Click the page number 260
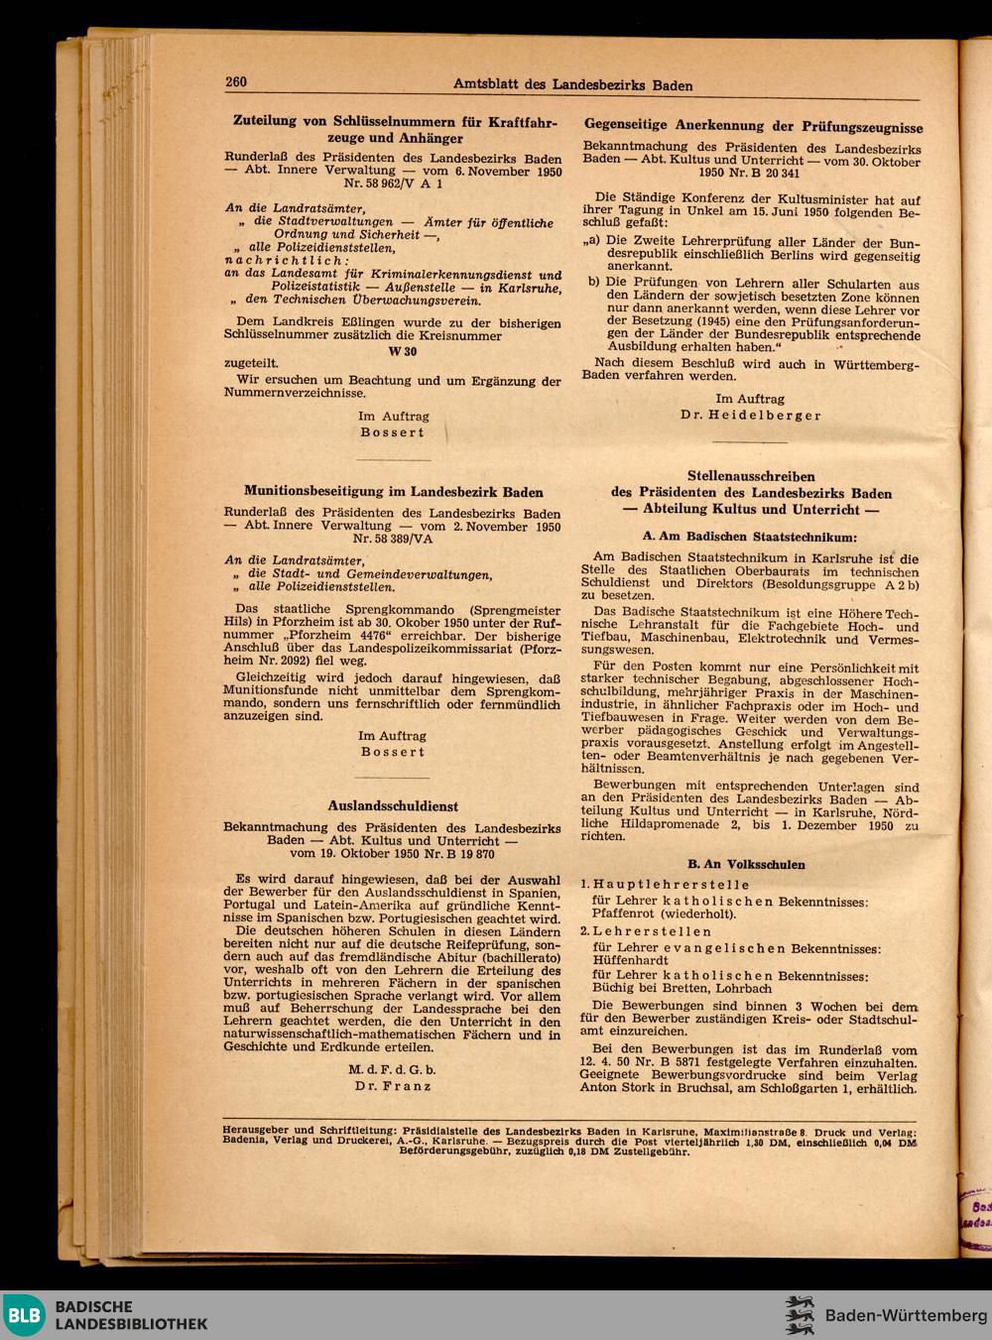(x=235, y=82)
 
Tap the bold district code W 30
(x=392, y=349)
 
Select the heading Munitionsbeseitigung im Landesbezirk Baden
(x=393, y=491)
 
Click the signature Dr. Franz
(x=392, y=1085)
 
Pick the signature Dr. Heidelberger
(x=750, y=415)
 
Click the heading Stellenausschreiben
(x=751, y=476)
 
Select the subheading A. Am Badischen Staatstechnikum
(x=750, y=536)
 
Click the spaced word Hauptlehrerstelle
(x=652, y=884)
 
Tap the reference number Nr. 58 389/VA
(x=392, y=541)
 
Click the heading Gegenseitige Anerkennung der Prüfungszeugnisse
(x=753, y=127)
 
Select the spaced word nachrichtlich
(x=273, y=261)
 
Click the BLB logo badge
(x=25, y=1315)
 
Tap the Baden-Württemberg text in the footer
(x=900, y=1315)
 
